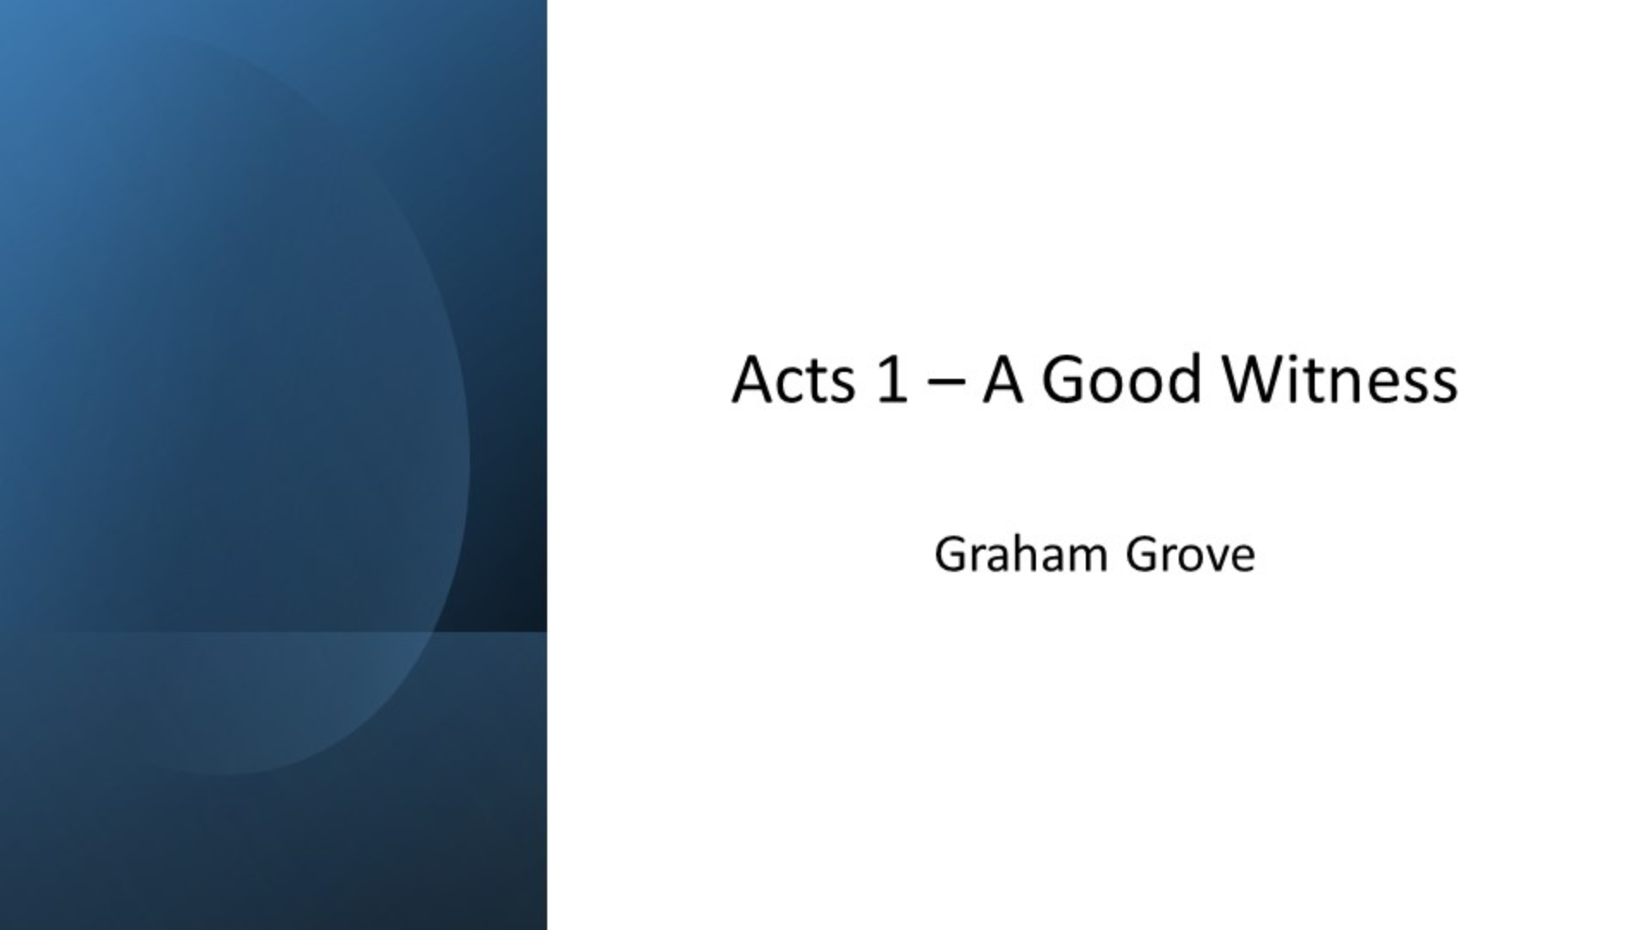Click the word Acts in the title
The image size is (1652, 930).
click(x=792, y=380)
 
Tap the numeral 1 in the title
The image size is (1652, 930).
click(x=891, y=380)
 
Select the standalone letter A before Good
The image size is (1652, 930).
click(x=1002, y=380)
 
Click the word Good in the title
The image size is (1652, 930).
click(x=1121, y=380)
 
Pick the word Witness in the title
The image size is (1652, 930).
click(x=1341, y=380)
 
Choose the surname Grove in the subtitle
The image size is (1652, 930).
click(x=1190, y=555)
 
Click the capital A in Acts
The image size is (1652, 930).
click(x=752, y=380)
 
